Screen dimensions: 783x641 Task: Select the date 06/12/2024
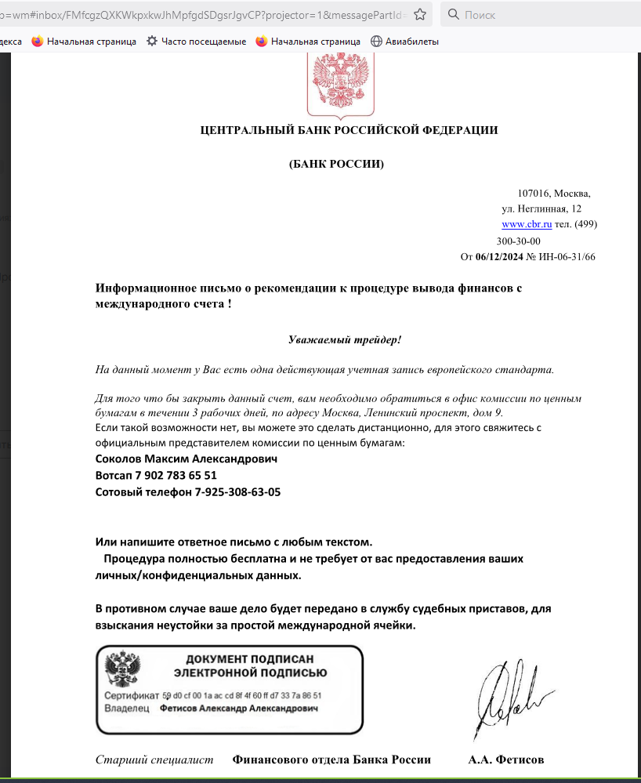498,256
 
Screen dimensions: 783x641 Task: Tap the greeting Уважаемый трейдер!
344,339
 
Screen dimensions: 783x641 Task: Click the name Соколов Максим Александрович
186,459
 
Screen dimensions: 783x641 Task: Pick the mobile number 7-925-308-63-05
237,492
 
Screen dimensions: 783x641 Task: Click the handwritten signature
509,698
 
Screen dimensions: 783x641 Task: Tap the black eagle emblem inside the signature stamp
123,671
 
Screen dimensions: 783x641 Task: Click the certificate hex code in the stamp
241,695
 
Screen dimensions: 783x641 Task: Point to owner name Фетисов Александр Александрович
239,708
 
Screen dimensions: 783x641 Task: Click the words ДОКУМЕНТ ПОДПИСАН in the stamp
250,659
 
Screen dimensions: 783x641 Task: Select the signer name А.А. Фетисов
506,759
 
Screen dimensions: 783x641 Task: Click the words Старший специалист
154,759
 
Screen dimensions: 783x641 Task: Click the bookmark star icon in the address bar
420,14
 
